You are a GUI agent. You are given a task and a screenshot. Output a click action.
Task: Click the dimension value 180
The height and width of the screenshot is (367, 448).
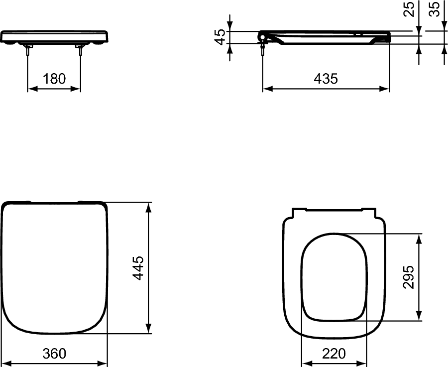54,79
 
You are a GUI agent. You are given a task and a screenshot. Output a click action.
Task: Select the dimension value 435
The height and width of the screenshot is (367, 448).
326,79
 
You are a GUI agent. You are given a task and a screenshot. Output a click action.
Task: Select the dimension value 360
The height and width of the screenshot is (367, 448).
54,354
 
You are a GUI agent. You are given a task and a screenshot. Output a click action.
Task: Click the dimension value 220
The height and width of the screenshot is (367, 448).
334,354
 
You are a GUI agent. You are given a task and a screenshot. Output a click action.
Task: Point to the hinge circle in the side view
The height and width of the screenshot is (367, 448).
262,36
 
